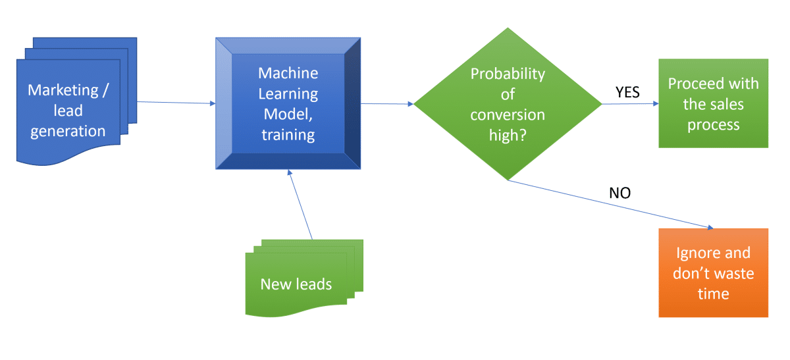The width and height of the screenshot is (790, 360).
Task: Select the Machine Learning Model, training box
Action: click(x=288, y=104)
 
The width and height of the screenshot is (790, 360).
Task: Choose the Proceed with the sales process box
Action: click(x=713, y=103)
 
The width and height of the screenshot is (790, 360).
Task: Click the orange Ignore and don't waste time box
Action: click(x=713, y=272)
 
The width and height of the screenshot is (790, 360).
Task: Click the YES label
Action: click(x=627, y=92)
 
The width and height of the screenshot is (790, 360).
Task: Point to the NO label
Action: click(x=619, y=193)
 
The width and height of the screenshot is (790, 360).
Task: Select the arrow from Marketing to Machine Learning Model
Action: click(x=176, y=103)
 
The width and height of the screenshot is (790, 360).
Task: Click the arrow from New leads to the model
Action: click(x=300, y=204)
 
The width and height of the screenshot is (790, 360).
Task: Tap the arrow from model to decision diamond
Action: click(x=387, y=104)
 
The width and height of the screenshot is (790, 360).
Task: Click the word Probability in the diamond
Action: click(x=508, y=74)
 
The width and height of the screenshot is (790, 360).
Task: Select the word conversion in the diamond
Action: click(x=508, y=115)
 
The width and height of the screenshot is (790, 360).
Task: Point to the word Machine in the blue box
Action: click(x=288, y=72)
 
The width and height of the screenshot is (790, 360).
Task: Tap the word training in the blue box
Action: click(x=288, y=135)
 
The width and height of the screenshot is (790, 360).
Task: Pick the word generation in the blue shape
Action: click(x=68, y=130)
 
